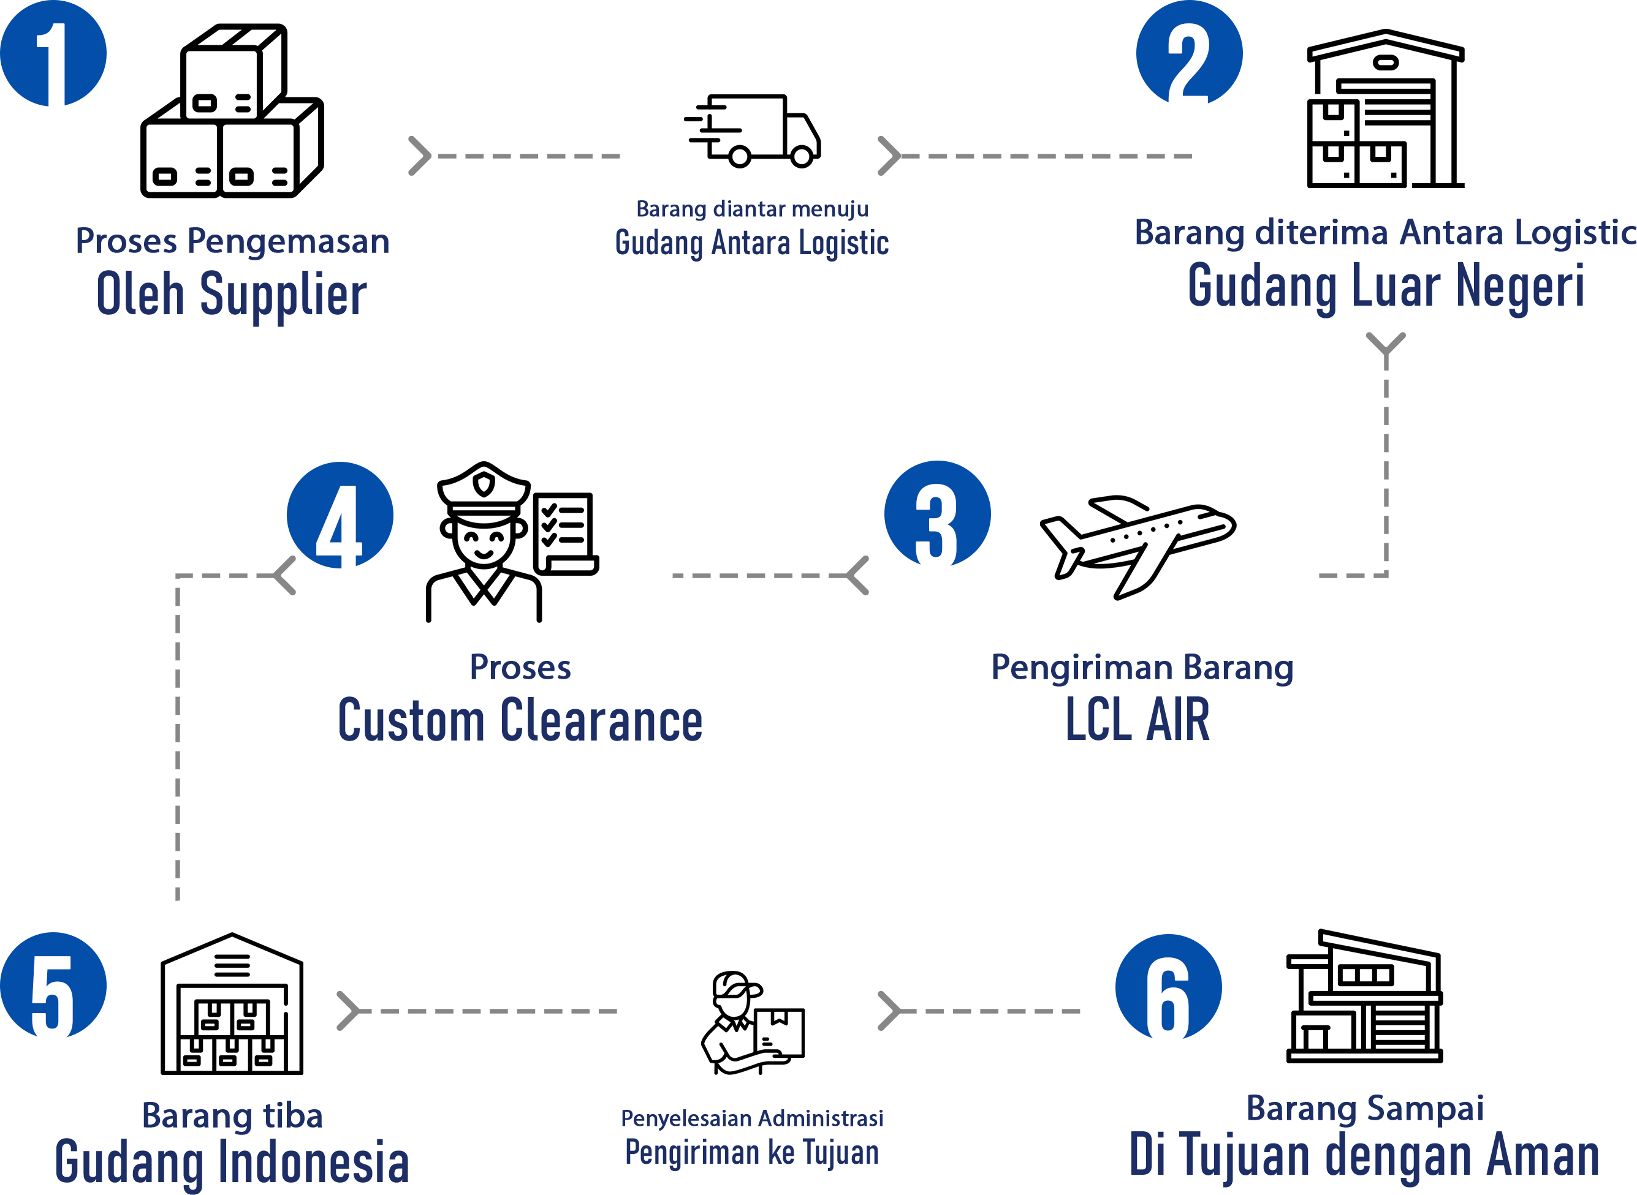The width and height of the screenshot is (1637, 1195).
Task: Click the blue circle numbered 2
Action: coord(1189,52)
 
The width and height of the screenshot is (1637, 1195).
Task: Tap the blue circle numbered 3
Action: coord(937,514)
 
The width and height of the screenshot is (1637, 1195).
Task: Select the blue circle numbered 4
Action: coord(340,515)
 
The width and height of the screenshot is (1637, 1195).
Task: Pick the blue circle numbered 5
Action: coord(53,986)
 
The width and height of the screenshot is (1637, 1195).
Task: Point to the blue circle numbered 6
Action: coord(1168,987)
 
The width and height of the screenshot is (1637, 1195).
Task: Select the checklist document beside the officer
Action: coord(565,534)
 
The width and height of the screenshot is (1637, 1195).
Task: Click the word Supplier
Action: coord(283,295)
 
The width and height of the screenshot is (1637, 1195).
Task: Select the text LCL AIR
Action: coord(1137,720)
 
